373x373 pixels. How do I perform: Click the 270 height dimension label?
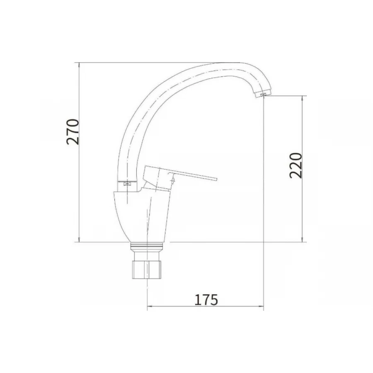point(73,132)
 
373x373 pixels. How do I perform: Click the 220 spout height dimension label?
point(295,165)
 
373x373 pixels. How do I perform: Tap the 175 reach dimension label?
point(206,300)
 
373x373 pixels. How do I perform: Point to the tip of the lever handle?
point(217,179)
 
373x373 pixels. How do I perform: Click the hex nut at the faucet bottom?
point(147,269)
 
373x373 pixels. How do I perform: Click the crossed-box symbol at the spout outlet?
point(263,94)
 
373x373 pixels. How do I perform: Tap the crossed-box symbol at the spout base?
point(127,184)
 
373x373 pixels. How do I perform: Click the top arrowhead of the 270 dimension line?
point(79,65)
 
